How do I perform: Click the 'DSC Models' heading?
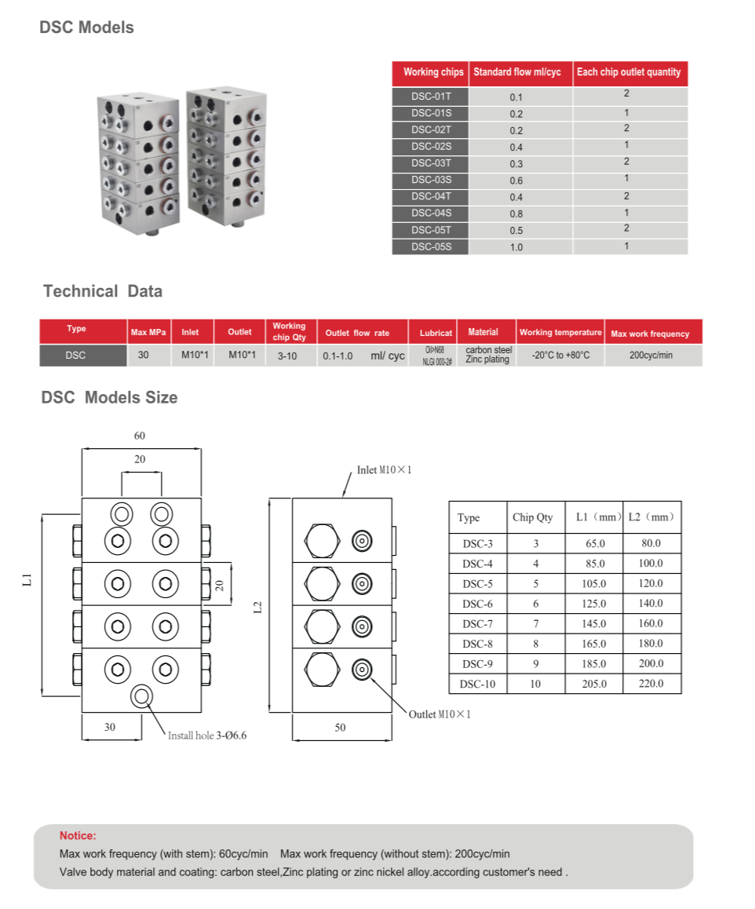(x=86, y=27)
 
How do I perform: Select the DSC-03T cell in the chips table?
(x=431, y=163)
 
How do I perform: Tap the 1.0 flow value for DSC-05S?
(x=516, y=247)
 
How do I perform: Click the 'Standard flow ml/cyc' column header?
(x=517, y=72)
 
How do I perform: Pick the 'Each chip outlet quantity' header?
(x=629, y=72)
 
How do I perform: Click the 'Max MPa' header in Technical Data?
(x=149, y=333)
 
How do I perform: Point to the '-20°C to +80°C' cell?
(x=560, y=356)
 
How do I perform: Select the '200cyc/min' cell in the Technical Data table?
(x=650, y=356)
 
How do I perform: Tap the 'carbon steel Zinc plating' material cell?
(x=487, y=355)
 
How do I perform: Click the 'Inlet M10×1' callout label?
(x=385, y=470)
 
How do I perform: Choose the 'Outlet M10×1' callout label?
(x=440, y=714)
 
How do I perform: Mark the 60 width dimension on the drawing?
(x=140, y=436)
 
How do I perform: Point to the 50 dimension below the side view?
(x=340, y=728)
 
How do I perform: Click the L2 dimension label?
(x=257, y=607)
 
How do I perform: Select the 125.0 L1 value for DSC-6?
(x=594, y=604)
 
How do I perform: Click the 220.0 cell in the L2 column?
(x=651, y=684)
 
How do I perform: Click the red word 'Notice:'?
(x=78, y=836)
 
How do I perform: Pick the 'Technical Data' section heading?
(x=103, y=291)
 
